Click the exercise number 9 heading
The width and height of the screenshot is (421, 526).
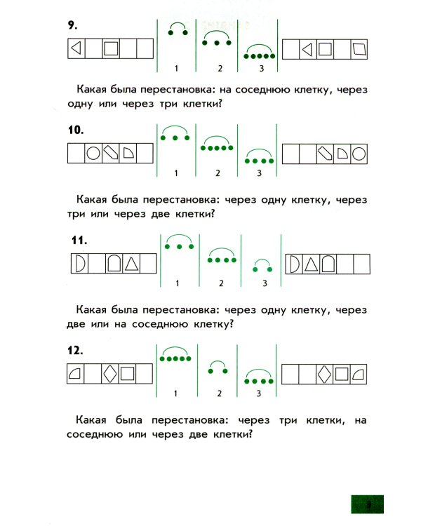coord(71,26)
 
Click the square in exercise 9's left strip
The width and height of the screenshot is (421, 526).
coord(110,49)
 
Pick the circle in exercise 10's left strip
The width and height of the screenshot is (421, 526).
coord(93,154)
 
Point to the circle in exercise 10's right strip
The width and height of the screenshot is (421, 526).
coord(359,154)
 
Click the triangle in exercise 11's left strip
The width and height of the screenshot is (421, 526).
coord(130,264)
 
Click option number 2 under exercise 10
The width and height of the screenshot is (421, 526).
coord(218,173)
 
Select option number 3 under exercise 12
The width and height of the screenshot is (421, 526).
coord(258,393)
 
